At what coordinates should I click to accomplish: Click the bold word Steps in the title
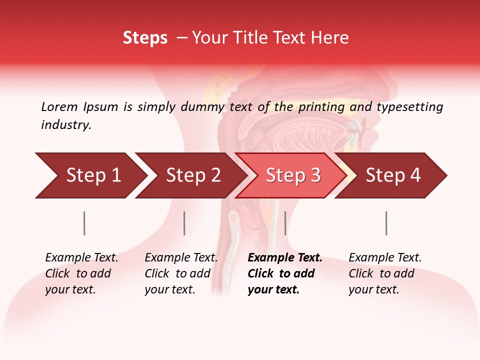145,38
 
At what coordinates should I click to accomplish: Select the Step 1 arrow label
94,175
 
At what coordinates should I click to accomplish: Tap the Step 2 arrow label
193,175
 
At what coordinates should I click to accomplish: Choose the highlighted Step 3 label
293,175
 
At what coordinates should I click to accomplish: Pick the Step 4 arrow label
393,175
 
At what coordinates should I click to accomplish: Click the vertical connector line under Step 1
84,223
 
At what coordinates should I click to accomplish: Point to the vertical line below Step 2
184,223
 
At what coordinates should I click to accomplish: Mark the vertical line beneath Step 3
285,223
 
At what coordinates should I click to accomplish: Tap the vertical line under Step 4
386,223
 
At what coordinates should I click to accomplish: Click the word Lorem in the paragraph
59,107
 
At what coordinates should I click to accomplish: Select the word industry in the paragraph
66,125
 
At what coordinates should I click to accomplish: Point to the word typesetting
410,107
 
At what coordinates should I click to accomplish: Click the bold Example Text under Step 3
285,258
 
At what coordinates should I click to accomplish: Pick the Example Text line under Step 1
82,258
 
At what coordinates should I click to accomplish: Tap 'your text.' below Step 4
374,289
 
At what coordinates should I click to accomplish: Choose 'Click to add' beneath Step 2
177,273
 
